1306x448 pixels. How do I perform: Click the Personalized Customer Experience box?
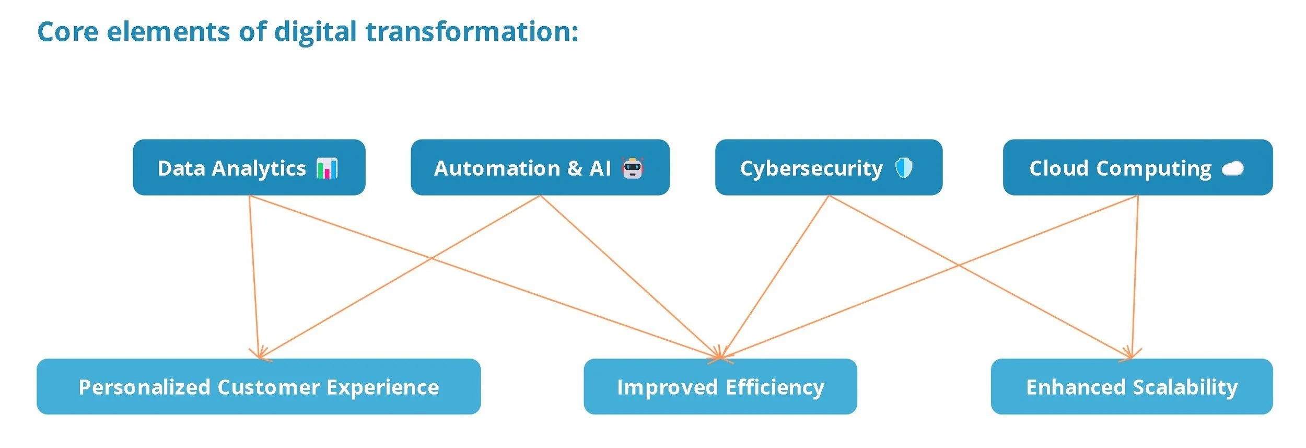point(259,387)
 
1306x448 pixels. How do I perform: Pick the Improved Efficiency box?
point(720,387)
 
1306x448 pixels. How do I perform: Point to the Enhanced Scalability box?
point(1132,387)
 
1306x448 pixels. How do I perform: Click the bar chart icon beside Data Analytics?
point(328,168)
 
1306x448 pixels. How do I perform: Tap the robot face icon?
point(633,168)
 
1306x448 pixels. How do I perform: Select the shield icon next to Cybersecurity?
point(904,168)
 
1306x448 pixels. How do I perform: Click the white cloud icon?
point(1233,168)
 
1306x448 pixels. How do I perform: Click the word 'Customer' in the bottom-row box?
point(269,387)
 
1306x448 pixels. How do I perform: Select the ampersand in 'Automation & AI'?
point(574,168)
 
